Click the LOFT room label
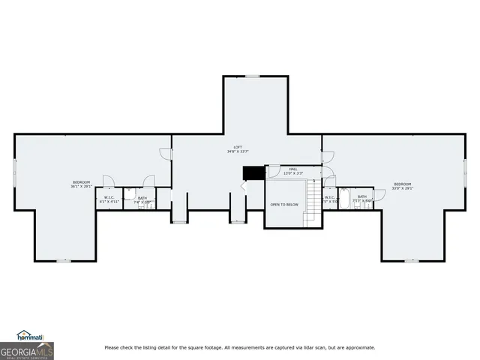coord(237,147)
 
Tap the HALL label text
coord(292,169)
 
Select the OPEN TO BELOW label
coord(284,204)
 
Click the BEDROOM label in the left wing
coord(81,183)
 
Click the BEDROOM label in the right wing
coord(403,184)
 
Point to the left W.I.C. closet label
coord(109,198)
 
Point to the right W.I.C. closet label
coord(329,198)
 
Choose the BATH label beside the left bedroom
coord(142,198)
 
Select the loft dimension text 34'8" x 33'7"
coord(237,151)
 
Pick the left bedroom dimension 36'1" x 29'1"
coord(81,187)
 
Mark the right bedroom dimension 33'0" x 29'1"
coord(403,188)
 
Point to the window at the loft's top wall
coord(253,76)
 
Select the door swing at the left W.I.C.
coord(108,181)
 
